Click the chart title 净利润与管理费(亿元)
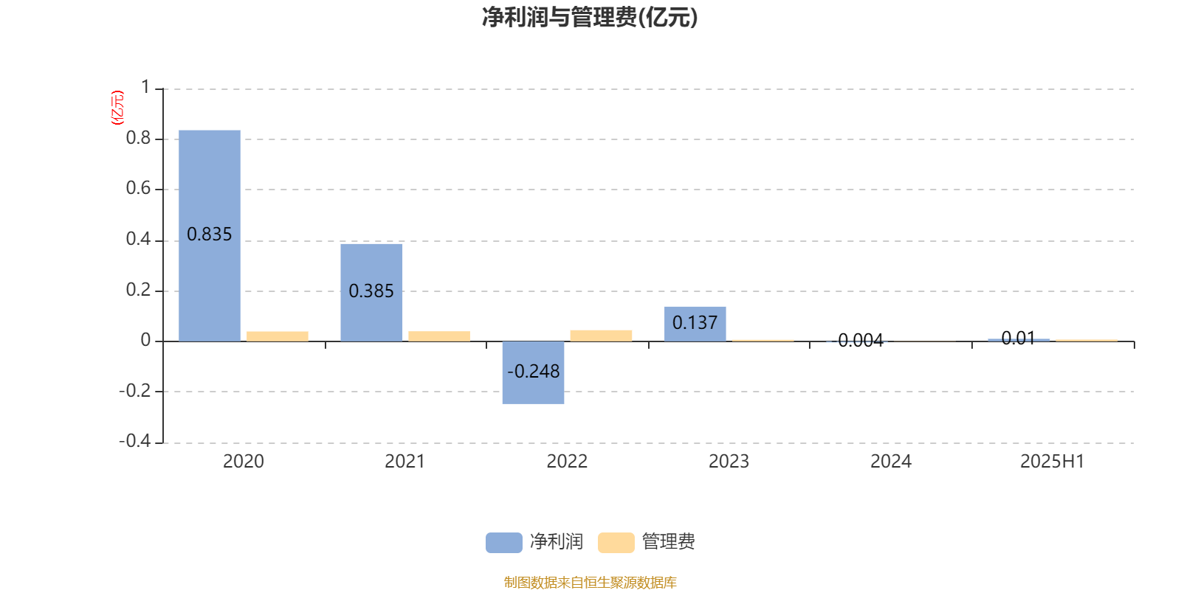coord(590,18)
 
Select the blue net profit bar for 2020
coord(210,235)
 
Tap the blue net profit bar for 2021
coord(371,292)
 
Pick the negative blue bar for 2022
coord(533,372)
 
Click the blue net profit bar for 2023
coord(695,324)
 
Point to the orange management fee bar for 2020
coord(278,336)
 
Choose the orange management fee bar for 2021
coord(439,336)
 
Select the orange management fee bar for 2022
coord(601,336)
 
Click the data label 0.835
coord(210,235)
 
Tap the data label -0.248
coord(533,372)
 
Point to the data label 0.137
coord(695,322)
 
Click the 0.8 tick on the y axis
coord(138,138)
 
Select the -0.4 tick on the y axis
coord(135,440)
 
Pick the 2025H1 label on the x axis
coord(1053,462)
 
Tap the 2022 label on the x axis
coord(567,462)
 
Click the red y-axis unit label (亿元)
coord(117,108)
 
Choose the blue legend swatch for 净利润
coord(503,543)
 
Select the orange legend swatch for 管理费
coord(616,543)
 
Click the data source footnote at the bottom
coord(590,582)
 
